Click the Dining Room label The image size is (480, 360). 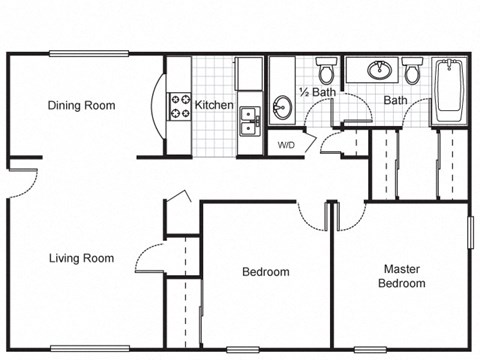pos(81,105)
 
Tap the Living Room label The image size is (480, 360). pos(81,258)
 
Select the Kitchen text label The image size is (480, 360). pos(214,105)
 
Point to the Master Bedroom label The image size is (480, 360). pos(401,276)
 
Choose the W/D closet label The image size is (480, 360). pos(286,145)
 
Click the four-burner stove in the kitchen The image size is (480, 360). pos(181,105)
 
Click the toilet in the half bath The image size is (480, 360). pos(327,72)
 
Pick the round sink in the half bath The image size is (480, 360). pos(281,106)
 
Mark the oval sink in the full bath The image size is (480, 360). pos(380,71)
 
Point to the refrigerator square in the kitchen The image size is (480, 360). pos(249,74)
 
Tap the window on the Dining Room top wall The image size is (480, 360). pos(80,53)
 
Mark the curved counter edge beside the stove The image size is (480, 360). pos(155,106)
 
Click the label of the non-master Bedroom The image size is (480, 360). pos(266,272)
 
